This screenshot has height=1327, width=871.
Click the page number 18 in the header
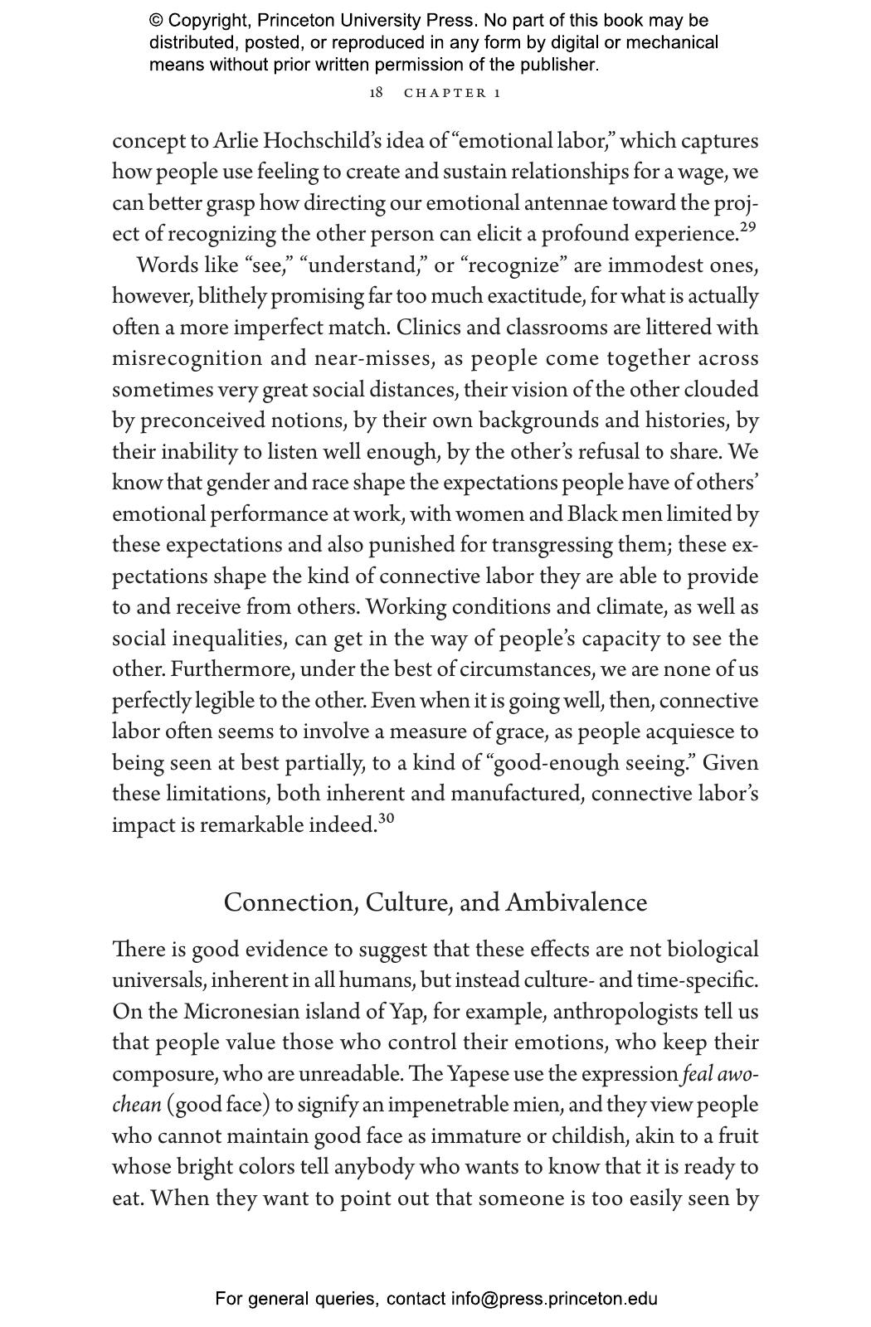tap(376, 92)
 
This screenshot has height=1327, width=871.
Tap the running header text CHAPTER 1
tap(452, 93)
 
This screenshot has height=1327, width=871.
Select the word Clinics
tap(427, 328)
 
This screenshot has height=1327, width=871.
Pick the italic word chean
tap(136, 1105)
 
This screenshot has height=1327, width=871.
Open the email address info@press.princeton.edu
tap(554, 1299)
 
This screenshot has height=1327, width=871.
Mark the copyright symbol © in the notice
tap(156, 21)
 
